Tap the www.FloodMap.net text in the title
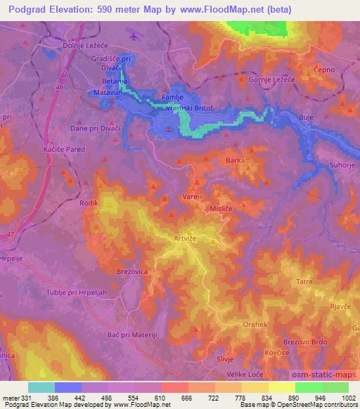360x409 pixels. click(219, 10)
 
